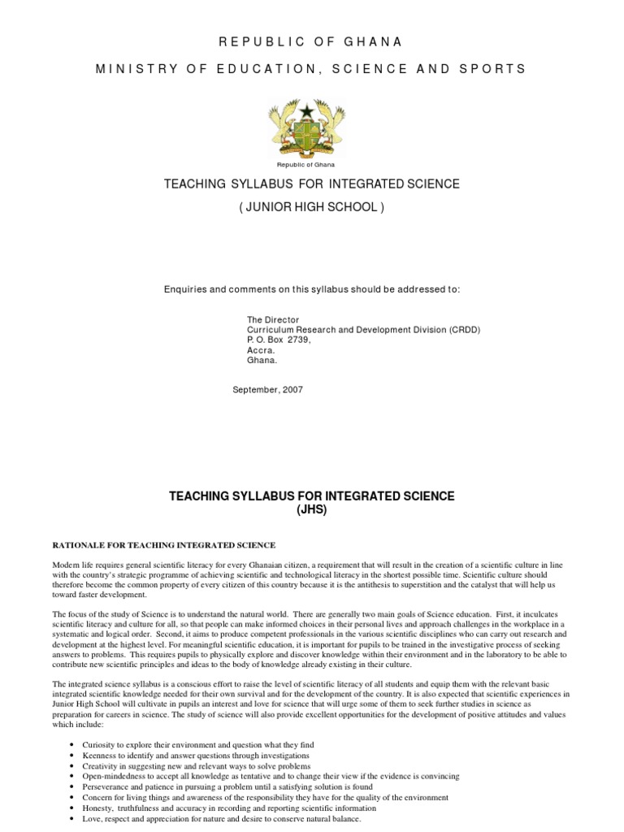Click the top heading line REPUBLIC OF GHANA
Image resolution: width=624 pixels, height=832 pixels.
tap(311, 41)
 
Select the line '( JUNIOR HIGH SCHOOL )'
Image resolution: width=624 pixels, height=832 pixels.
tap(311, 207)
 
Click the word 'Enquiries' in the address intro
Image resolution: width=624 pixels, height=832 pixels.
tap(186, 289)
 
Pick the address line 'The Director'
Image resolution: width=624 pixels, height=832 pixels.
tap(273, 320)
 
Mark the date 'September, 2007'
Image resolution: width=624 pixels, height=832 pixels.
tap(268, 390)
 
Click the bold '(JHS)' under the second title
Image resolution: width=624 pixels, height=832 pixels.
tap(311, 509)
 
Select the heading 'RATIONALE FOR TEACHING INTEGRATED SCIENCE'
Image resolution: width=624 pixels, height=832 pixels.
tap(164, 544)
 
